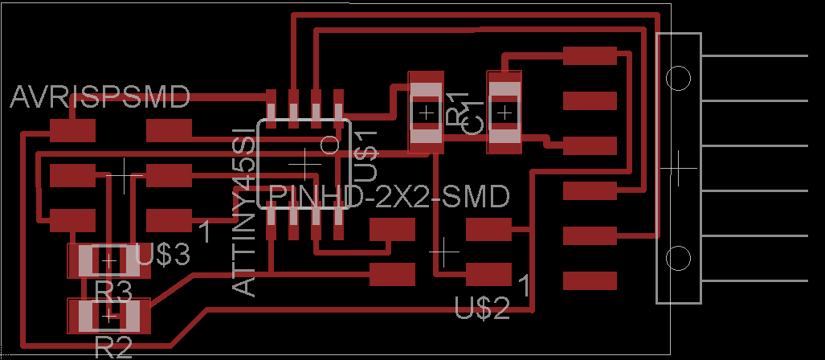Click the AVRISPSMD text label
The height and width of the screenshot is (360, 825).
pyautogui.click(x=100, y=98)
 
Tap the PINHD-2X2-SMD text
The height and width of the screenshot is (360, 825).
pyautogui.click(x=390, y=196)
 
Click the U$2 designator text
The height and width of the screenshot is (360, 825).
pyautogui.click(x=482, y=307)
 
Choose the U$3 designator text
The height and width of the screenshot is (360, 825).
pyautogui.click(x=163, y=256)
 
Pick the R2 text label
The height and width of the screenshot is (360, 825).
pyautogui.click(x=113, y=347)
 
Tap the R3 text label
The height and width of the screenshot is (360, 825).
pyautogui.click(x=113, y=289)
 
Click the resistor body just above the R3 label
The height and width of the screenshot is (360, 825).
pyautogui.click(x=108, y=260)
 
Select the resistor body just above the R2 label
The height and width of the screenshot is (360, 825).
pyautogui.click(x=108, y=316)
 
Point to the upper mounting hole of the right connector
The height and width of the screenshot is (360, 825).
pyautogui.click(x=679, y=78)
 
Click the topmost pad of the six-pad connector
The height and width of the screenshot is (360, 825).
pyautogui.click(x=590, y=55)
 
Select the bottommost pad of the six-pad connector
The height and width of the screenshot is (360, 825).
pyautogui.click(x=590, y=281)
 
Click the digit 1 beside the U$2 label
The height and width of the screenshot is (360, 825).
pyautogui.click(x=524, y=284)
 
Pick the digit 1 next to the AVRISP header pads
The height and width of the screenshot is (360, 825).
pyautogui.click(x=205, y=231)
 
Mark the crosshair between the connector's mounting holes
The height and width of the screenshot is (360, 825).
pyautogui.click(x=679, y=168)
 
